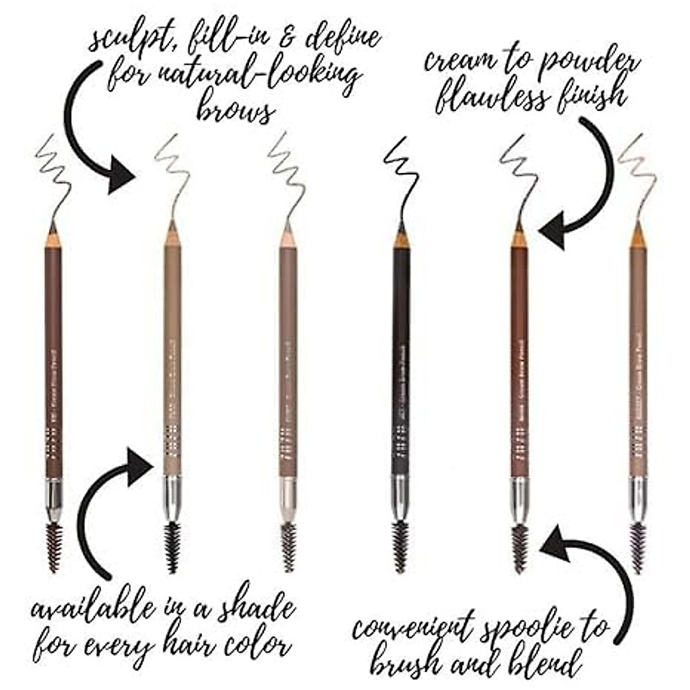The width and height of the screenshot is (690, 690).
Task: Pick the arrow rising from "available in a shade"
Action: [x=103, y=506]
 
